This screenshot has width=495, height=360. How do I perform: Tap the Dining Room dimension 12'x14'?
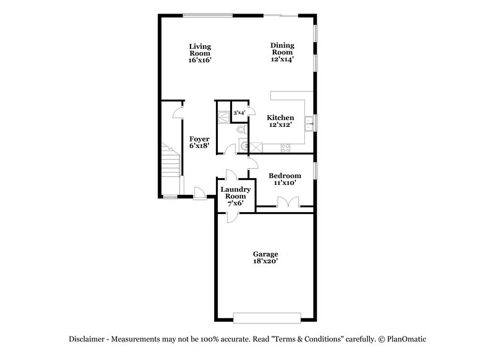(x=282, y=59)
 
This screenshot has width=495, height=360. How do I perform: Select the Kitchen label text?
(x=280, y=118)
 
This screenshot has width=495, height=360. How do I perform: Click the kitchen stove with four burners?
(x=286, y=147)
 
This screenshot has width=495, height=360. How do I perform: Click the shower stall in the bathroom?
(x=223, y=114)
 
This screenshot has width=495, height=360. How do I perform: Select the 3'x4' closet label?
(x=238, y=113)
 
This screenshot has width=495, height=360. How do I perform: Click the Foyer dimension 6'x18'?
(x=199, y=147)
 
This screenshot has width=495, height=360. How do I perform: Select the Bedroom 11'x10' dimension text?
(x=285, y=183)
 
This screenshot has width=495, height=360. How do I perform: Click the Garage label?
(x=265, y=254)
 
